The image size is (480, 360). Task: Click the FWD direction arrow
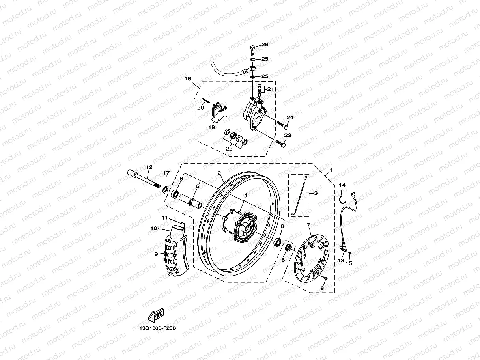pos(156,316)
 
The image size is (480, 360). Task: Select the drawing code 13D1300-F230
pos(157,328)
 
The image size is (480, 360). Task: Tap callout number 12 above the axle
pos(149,167)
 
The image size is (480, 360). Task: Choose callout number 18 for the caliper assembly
pos(188,79)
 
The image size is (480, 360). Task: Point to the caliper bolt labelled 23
pos(280,144)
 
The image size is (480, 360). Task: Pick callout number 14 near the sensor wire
pos(342,185)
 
